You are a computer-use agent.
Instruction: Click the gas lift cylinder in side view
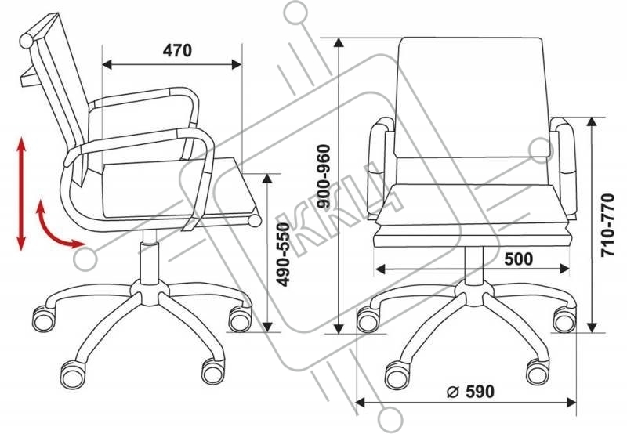(147, 262)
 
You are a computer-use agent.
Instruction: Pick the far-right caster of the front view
(564, 320)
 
